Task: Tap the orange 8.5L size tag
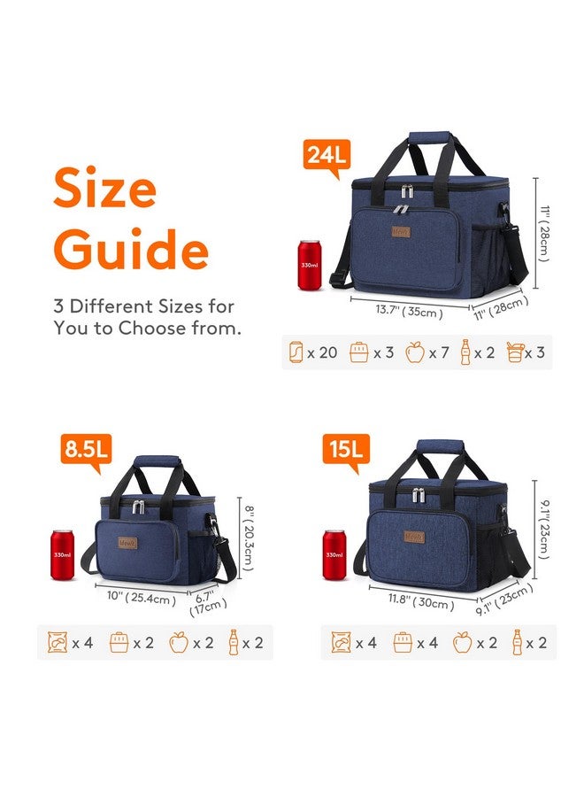coord(84,450)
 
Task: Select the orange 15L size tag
coord(343,450)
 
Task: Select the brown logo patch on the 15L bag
coord(414,535)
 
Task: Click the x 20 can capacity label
coord(314,352)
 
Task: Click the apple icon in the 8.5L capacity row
coord(179,643)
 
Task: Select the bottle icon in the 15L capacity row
coord(517,643)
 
